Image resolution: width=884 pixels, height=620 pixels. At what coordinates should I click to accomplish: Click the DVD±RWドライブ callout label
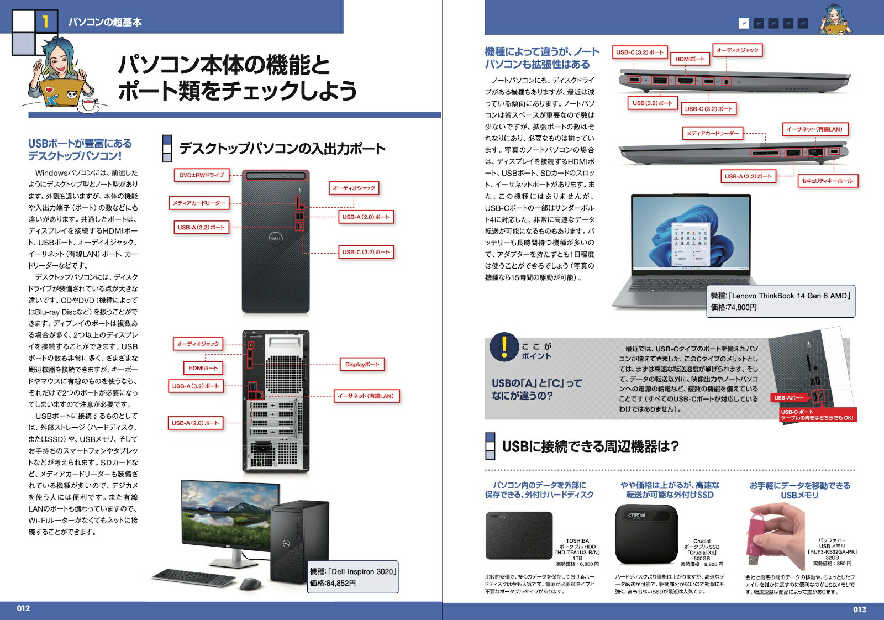pos(202,175)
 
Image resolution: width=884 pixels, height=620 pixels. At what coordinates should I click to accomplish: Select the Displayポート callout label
pos(362,365)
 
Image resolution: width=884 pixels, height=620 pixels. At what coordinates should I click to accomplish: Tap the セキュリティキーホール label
pos(827,181)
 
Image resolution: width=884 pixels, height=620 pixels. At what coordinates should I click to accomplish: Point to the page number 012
pos(23,608)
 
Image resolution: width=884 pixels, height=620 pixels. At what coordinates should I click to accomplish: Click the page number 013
pos(859,610)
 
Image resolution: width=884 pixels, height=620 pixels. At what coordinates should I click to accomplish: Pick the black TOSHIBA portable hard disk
pos(519,535)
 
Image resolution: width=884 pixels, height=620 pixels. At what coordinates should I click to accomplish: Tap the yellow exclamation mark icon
pos(504,346)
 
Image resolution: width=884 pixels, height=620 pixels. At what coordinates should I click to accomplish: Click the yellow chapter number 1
pos(46,22)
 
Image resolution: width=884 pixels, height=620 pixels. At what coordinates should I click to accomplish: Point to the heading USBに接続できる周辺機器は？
pos(590,446)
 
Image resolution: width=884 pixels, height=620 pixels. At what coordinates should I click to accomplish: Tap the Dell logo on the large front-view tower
pos(276,238)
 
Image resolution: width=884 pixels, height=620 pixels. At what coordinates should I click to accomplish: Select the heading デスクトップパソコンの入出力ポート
pos(282,149)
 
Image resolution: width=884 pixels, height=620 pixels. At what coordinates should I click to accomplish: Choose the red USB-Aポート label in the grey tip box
pos(788,398)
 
